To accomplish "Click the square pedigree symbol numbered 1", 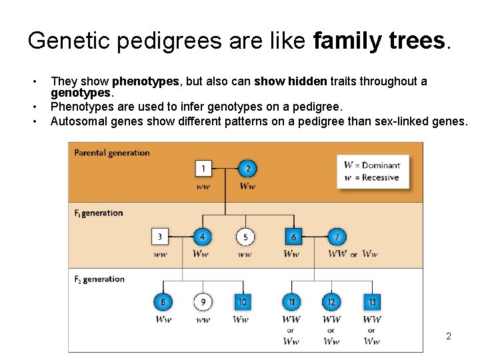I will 204,169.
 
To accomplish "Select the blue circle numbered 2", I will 247,169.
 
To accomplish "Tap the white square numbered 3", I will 160,237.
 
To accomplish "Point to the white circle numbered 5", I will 245,237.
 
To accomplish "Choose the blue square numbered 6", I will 293,237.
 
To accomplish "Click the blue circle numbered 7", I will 337,237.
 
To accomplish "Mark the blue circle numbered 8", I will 163,302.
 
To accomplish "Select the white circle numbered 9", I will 203,302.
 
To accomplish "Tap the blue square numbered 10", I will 242,302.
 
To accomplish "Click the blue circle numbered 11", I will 291,302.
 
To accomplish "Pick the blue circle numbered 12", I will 331,302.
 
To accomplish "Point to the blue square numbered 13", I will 372,302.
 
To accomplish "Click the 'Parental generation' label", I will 112,153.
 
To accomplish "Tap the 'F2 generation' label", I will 99,279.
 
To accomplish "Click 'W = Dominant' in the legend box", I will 372,165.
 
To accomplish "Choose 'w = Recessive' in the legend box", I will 371,178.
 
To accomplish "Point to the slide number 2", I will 449,336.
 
